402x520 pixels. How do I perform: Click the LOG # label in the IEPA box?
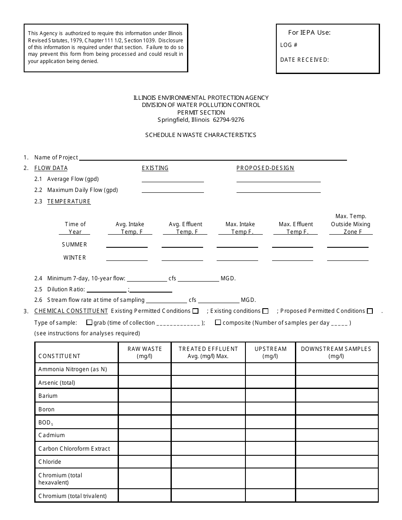(x=289, y=45)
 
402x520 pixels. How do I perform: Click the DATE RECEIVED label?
(x=304, y=60)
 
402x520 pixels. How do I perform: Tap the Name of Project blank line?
(x=212, y=158)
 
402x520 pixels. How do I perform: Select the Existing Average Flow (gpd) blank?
(x=173, y=179)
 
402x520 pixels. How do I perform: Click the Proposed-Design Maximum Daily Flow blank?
(x=278, y=190)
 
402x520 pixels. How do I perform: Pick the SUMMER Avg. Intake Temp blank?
(x=127, y=245)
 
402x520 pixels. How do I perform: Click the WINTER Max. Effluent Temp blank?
(x=292, y=258)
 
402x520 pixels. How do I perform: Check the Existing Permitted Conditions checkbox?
(x=195, y=311)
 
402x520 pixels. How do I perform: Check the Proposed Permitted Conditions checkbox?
(x=370, y=311)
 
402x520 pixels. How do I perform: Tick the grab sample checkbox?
(x=89, y=323)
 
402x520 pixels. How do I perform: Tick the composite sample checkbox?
(x=218, y=323)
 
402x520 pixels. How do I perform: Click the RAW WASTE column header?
(x=145, y=352)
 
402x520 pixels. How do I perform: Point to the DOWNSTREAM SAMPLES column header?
(x=336, y=352)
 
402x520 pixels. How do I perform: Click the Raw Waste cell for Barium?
(x=145, y=396)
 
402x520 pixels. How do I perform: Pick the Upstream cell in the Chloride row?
(x=270, y=462)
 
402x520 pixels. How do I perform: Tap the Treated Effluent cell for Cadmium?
(x=208, y=435)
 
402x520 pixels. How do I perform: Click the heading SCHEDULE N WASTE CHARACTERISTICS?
(x=201, y=135)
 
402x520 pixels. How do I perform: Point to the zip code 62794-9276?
(x=228, y=120)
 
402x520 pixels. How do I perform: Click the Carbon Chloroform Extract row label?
(x=74, y=449)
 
